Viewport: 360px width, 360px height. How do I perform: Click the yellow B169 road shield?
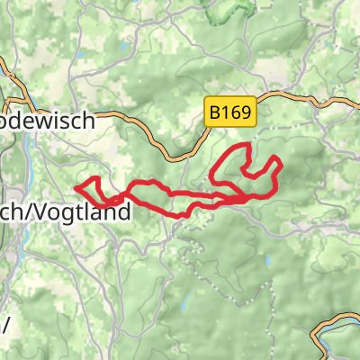click(x=232, y=112)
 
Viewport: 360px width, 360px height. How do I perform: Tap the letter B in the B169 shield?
click(x=216, y=112)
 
